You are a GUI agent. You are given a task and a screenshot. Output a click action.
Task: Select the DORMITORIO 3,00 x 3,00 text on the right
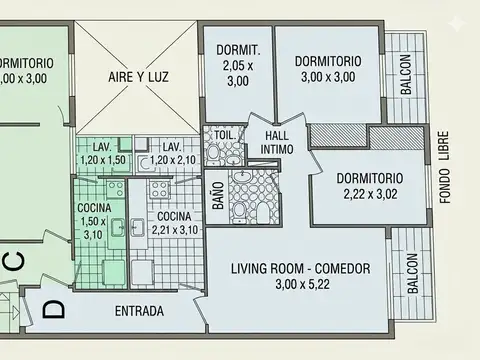[x=328, y=68]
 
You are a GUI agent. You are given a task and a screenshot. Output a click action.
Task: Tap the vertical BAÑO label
[x=217, y=192]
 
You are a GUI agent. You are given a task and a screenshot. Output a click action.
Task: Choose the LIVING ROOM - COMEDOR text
[x=300, y=269]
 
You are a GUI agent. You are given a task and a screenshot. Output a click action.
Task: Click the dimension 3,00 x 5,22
[x=300, y=285]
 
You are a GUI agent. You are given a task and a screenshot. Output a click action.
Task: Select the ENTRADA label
[x=139, y=310]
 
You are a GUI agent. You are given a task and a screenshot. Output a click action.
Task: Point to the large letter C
[x=13, y=262]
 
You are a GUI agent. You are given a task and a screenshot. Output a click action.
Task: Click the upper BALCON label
[x=406, y=75]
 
